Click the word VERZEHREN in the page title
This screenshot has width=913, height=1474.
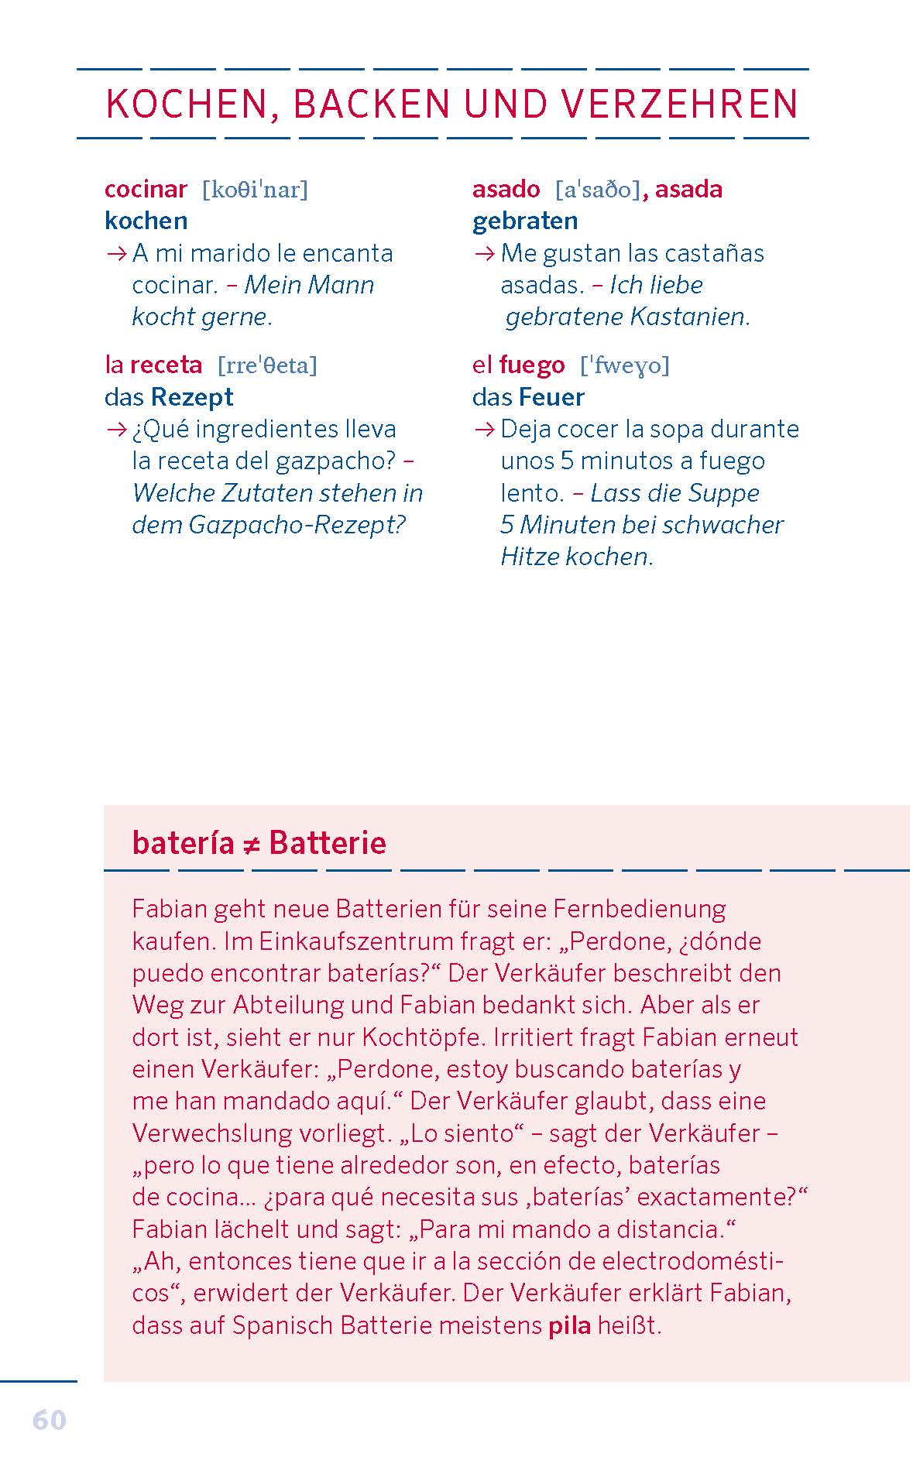click(679, 105)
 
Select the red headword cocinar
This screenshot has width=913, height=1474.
click(146, 189)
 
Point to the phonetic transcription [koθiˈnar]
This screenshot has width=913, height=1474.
click(255, 190)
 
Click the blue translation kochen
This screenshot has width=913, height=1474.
click(146, 221)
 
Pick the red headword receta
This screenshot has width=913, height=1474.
click(166, 365)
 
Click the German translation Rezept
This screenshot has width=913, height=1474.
click(192, 397)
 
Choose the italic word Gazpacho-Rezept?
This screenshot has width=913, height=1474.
click(297, 525)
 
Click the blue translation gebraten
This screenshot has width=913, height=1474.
click(524, 221)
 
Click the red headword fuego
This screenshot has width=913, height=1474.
click(531, 365)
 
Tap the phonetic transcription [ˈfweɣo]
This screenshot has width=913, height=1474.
click(624, 365)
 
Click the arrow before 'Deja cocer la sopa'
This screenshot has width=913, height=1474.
click(484, 430)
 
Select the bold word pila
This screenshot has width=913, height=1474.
click(569, 1325)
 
